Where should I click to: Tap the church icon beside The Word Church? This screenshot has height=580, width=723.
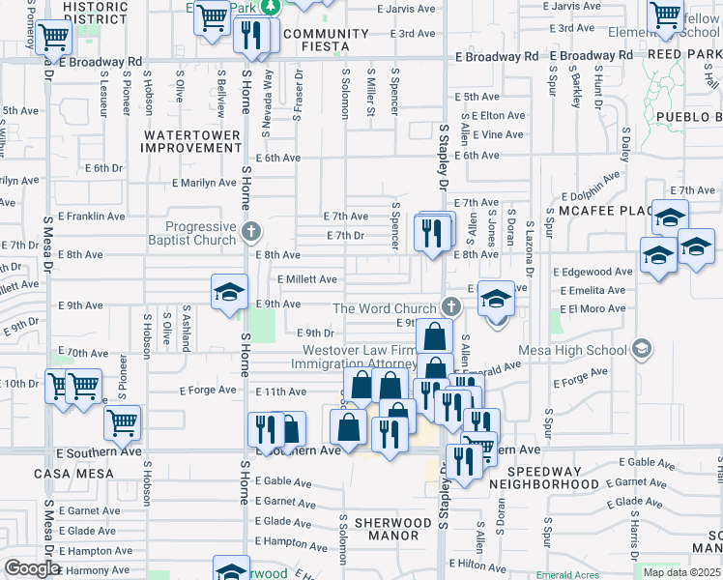pyautogui.click(x=449, y=307)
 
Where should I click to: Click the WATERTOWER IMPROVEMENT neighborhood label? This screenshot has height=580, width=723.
pyautogui.click(x=190, y=141)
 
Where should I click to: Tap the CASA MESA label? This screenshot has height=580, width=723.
pyautogui.click(x=72, y=474)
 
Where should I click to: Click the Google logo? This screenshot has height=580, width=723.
pyautogui.click(x=31, y=567)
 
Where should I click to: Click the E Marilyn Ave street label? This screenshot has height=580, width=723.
pyautogui.click(x=203, y=183)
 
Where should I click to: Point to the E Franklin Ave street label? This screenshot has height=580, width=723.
pyautogui.click(x=91, y=217)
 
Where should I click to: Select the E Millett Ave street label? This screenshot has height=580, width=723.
pyautogui.click(x=306, y=279)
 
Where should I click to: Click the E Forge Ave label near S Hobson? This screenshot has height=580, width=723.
pyautogui.click(x=207, y=391)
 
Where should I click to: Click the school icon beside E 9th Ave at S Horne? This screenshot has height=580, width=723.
pyautogui.click(x=230, y=291)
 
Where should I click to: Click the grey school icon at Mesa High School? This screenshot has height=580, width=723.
pyautogui.click(x=640, y=349)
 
